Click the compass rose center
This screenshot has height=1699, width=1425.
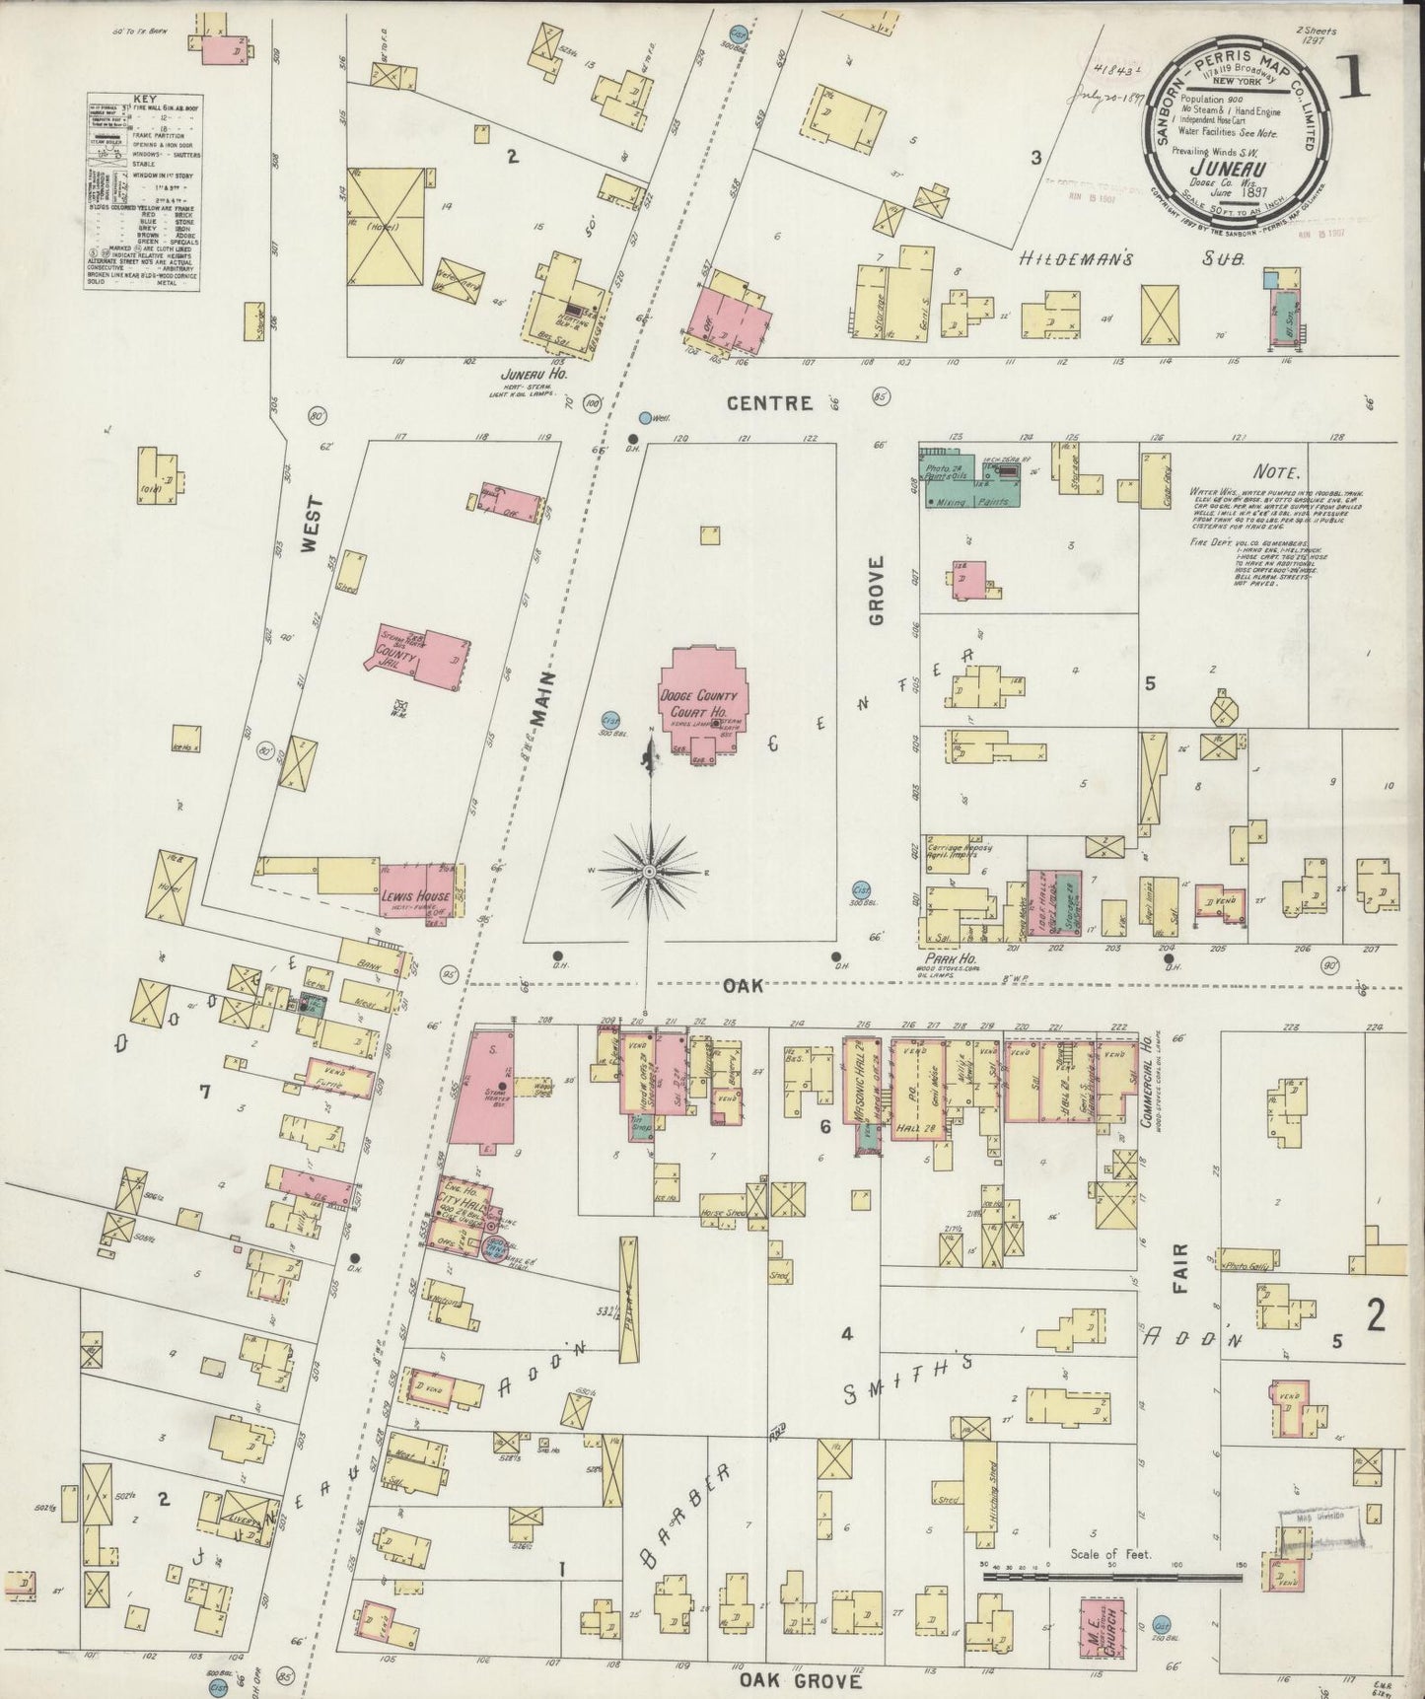coord(650,873)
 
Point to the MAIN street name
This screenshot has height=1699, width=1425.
coord(544,706)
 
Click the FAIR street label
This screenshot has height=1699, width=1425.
coord(1180,1269)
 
